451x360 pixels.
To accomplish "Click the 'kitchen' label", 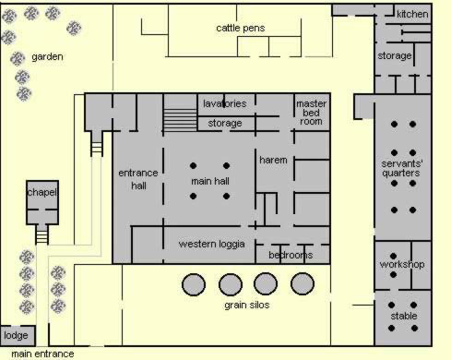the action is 412,14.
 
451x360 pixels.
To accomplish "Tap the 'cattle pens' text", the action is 241,28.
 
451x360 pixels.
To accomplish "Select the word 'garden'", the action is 47,57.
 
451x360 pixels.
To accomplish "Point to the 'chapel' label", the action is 42,193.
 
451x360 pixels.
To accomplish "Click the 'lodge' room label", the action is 16,335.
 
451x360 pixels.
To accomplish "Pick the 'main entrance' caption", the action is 42,354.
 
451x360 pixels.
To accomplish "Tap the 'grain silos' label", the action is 247,306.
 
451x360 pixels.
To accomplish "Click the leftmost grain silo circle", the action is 194,284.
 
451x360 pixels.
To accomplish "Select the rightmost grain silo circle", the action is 303,283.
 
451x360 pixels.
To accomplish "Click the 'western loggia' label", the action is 211,244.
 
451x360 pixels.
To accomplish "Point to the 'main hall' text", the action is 210,181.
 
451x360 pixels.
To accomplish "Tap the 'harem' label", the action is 273,160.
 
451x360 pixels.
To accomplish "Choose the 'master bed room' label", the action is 311,113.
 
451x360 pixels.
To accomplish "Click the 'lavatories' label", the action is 225,103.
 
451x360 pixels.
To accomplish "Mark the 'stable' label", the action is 404,316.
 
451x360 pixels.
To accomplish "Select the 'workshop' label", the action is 402,264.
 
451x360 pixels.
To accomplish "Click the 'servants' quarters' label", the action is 401,168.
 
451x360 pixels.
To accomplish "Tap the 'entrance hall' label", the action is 138,179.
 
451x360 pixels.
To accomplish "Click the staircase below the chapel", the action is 42,234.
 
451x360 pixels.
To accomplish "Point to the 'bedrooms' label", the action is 291,255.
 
